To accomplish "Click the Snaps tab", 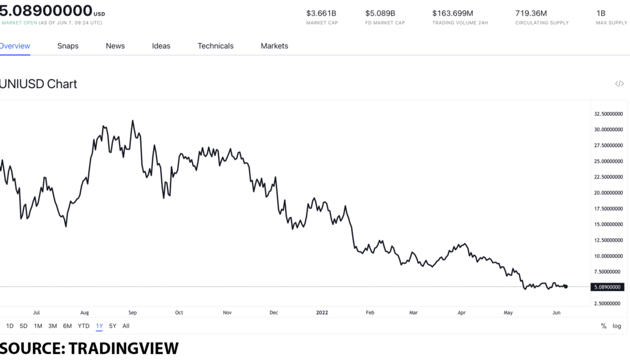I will tap(68, 46).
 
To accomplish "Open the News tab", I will tap(115, 46).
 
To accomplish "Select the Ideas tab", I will tap(161, 46).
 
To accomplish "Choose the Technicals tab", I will tap(215, 46).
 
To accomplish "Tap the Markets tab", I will tap(274, 46).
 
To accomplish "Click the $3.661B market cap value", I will tap(321, 13).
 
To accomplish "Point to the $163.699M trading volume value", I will tap(452, 13).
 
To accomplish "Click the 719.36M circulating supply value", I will tap(531, 13).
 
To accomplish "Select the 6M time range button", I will tap(67, 326).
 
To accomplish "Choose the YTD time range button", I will tap(83, 326).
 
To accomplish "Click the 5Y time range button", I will tap(113, 326).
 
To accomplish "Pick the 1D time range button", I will tap(10, 326).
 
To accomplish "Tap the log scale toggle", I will tap(617, 326).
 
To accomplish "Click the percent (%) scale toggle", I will tap(604, 326).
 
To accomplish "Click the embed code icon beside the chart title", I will tap(619, 84).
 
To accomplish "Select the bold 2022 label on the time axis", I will tap(322, 313).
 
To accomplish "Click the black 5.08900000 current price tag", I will tap(607, 287).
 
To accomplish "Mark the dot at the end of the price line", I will tap(566, 287).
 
